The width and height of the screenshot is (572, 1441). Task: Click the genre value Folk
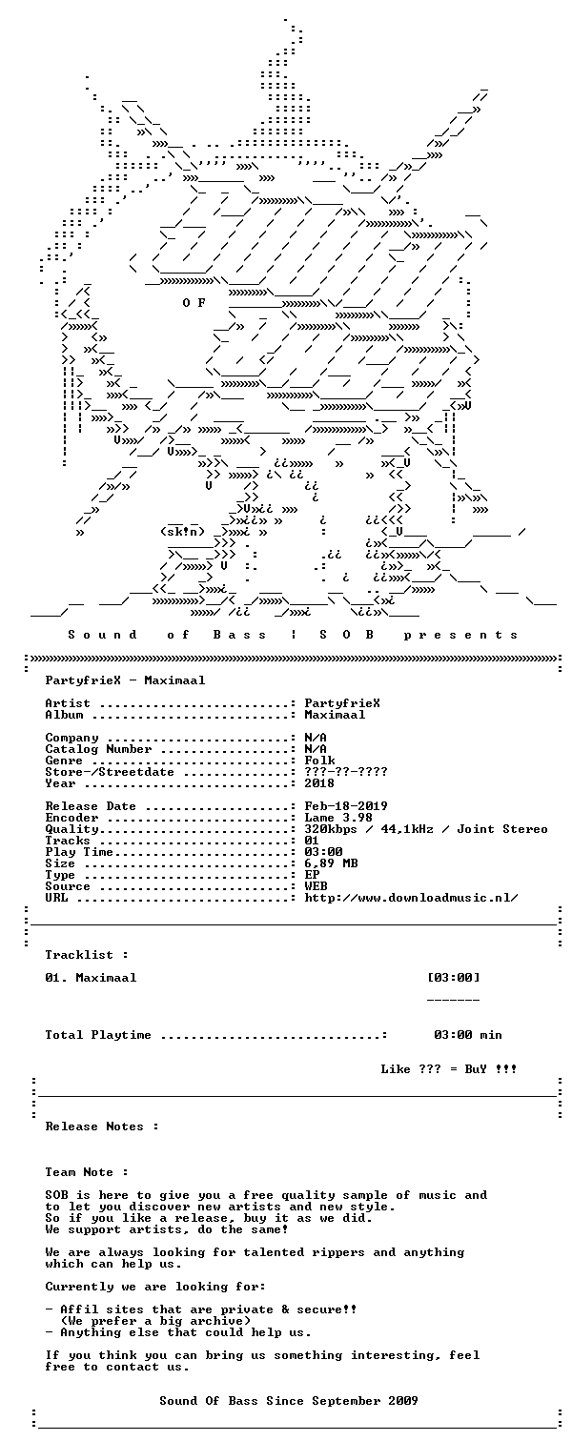coord(319,761)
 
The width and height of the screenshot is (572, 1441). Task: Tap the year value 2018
coord(319,783)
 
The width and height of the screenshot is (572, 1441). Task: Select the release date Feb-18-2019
coord(346,806)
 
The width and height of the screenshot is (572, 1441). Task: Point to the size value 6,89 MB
coord(332,863)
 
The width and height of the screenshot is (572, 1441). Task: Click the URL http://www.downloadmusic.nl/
coord(411,898)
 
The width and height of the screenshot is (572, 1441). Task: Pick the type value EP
coord(312,875)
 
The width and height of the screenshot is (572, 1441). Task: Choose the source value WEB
coord(316,886)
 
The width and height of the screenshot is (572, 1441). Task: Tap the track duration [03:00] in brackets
coord(454,978)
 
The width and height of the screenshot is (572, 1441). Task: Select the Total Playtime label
coord(98,1035)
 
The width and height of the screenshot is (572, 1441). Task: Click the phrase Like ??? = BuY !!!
coord(449,1069)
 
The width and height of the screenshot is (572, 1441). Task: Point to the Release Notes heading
coord(102,1126)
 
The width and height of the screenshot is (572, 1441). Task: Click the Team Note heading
coord(87,1172)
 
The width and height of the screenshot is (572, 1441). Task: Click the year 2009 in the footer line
coord(403,1400)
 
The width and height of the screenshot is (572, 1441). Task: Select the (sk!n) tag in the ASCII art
coord(182,532)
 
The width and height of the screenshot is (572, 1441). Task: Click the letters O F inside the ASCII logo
coord(194,303)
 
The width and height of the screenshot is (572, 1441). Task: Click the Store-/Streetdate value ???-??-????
coord(346,772)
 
